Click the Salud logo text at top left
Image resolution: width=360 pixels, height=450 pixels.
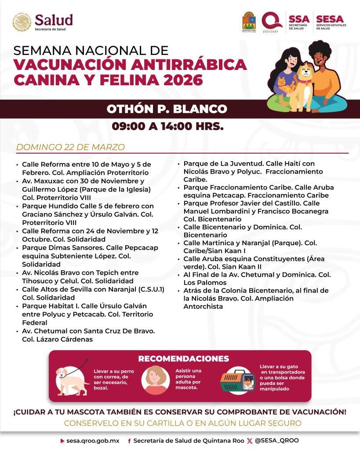click(54, 20)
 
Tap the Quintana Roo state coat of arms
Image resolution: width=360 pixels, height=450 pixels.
click(249, 21)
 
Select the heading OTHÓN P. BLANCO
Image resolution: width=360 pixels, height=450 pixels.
click(167, 109)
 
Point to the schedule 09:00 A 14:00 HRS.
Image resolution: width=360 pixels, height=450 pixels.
click(167, 127)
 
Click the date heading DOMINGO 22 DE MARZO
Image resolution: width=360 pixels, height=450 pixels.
click(70, 147)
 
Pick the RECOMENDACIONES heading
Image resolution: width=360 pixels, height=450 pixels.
click(183, 359)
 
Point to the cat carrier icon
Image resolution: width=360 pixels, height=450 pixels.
click(237, 379)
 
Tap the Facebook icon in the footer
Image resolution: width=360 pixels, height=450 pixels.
click(129, 440)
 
